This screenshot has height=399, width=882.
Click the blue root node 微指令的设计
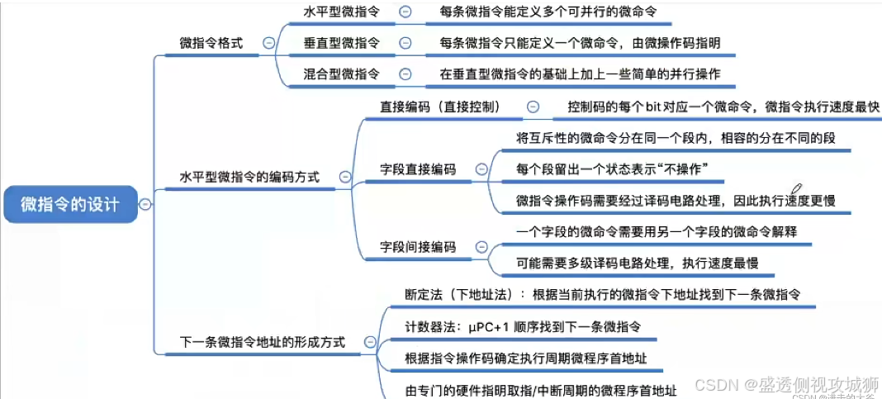(70, 205)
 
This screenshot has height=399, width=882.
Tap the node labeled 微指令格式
(211, 43)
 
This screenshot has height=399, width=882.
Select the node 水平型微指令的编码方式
(249, 177)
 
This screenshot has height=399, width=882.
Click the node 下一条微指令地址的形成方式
(263, 341)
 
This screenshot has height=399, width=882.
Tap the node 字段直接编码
(418, 169)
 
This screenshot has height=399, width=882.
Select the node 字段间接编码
(418, 246)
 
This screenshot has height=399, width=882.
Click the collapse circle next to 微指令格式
(268, 43)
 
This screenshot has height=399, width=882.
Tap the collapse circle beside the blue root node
(145, 205)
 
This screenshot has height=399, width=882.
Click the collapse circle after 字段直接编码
(482, 169)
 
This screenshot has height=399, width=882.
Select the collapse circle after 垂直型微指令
(405, 42)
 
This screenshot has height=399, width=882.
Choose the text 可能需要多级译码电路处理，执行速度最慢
(637, 263)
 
